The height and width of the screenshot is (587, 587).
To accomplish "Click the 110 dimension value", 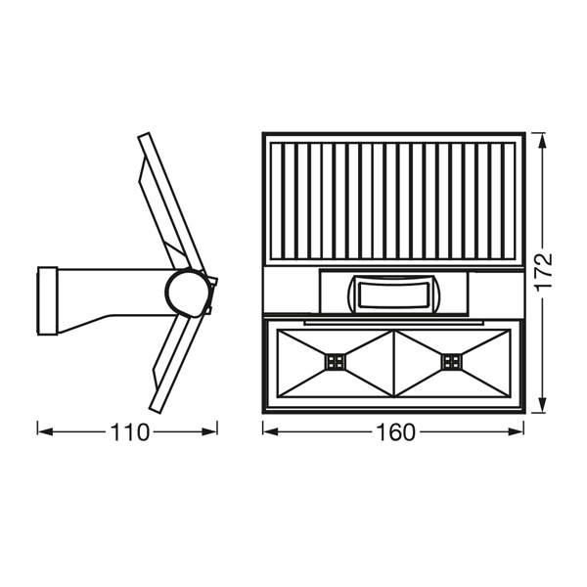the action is pyautogui.click(x=129, y=432).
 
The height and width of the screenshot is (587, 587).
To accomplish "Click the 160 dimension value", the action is pyautogui.click(x=395, y=432).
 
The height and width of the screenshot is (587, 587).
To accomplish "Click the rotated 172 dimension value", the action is pyautogui.click(x=543, y=273).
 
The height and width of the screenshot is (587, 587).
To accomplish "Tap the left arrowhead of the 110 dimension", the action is pyautogui.click(x=45, y=432).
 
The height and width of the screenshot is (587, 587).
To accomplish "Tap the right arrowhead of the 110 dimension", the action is pyautogui.click(x=209, y=432).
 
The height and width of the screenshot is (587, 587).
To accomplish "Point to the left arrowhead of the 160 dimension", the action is pyautogui.click(x=270, y=432).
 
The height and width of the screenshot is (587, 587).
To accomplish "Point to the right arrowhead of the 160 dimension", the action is pyautogui.click(x=516, y=432).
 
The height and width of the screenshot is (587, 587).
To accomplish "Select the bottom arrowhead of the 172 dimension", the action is pyautogui.click(x=543, y=405).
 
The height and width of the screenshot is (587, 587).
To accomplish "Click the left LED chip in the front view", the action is pyautogui.click(x=336, y=362).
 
